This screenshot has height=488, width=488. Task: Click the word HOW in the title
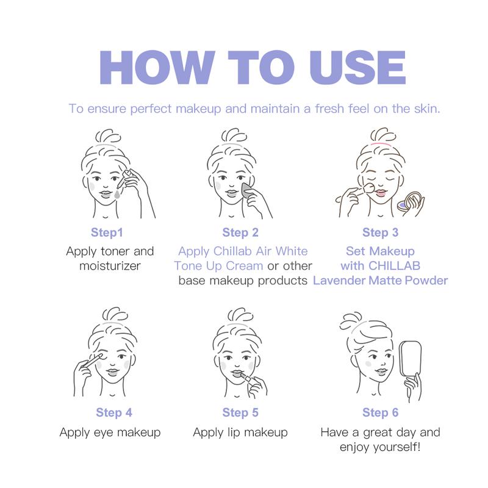(157, 68)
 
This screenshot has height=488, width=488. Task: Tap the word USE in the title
(358, 68)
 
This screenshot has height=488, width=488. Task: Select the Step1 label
(107, 232)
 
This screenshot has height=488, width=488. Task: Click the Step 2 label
(240, 232)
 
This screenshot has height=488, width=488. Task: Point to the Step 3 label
(380, 232)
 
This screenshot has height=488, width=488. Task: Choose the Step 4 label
(114, 412)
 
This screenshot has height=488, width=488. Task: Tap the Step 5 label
(240, 412)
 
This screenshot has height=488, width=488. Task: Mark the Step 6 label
(380, 412)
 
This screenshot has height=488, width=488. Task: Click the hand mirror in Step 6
(410, 359)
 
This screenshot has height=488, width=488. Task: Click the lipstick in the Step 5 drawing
(247, 379)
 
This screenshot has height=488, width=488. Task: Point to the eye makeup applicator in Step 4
(93, 361)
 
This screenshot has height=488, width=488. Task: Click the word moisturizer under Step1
(110, 266)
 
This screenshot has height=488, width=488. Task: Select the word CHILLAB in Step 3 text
(394, 266)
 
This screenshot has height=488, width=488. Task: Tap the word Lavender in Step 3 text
(339, 281)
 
